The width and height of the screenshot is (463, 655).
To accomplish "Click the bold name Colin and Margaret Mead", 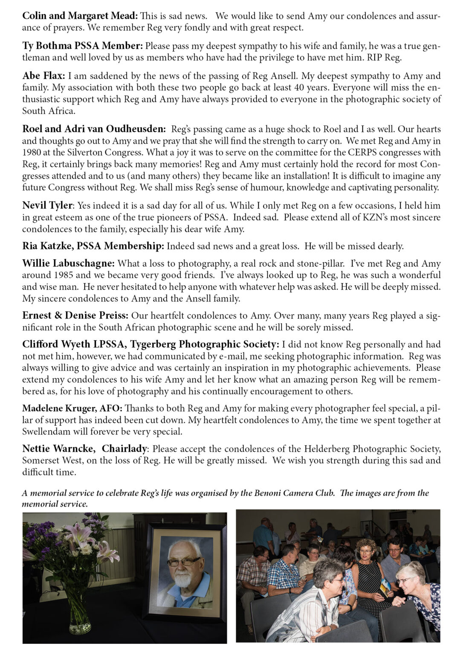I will (80, 16).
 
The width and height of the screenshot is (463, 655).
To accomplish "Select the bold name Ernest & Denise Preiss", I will (75, 316).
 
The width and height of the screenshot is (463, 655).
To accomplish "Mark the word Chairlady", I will (124, 449).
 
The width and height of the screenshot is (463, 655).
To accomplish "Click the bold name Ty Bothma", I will (48, 46).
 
